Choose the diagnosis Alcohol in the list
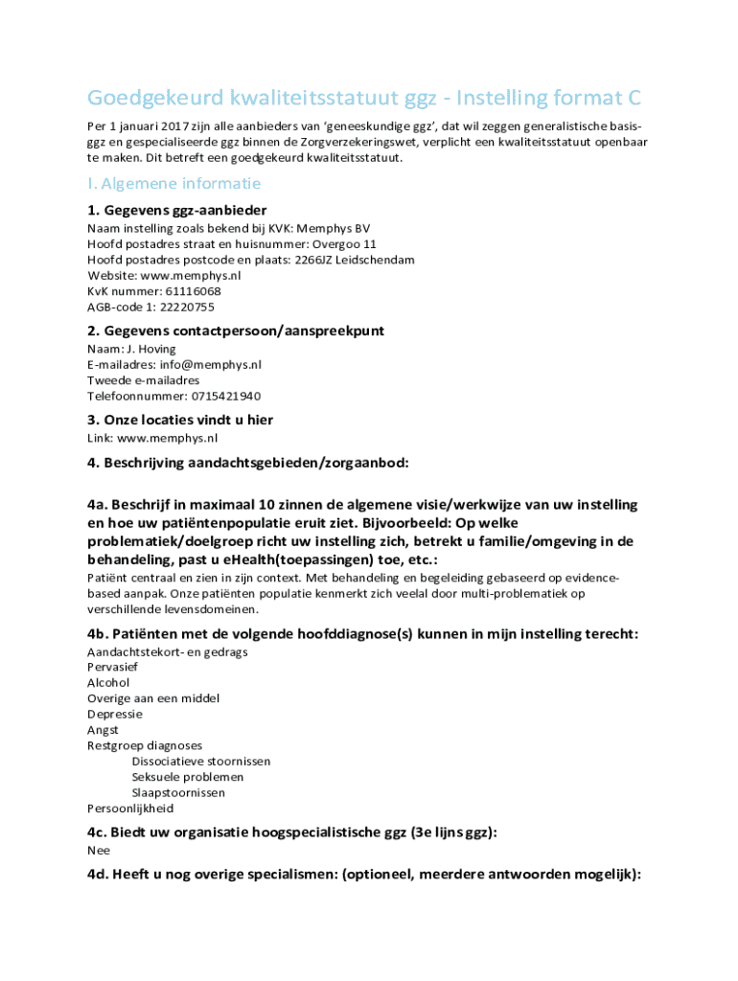pos(108,683)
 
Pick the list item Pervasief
pos(113,667)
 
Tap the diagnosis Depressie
pos(115,714)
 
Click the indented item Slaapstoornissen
pos(178,792)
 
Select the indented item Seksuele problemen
pos(188,777)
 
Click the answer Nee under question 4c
pos(99,850)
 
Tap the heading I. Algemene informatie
pos(173,183)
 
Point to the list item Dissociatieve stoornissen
pos(201,761)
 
